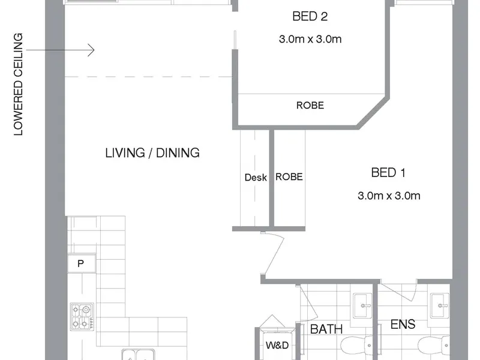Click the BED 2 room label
[310, 16]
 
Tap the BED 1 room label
[388, 173]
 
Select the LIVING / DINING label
[152, 153]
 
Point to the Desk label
[256, 177]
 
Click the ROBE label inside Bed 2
[310, 106]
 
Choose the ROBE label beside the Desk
[289, 176]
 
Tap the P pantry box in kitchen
[81, 263]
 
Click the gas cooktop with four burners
[82, 317]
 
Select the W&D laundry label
[277, 346]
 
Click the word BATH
[326, 329]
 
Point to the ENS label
[403, 324]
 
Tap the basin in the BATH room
[363, 305]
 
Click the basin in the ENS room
[440, 305]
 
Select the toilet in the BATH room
[356, 346]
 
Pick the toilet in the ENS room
[434, 346]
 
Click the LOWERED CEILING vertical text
[19, 84]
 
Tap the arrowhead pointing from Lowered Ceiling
[91, 50]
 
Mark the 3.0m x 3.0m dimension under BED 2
[310, 39]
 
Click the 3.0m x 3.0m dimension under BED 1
[389, 196]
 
